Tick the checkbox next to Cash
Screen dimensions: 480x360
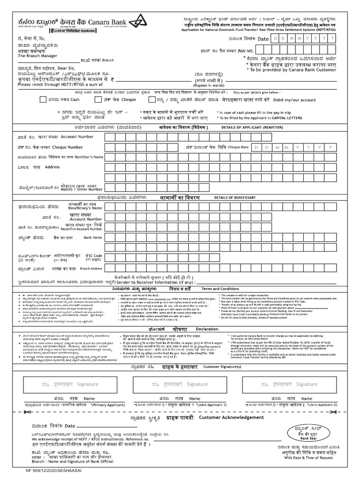click(43, 99)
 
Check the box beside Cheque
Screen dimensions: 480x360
click(97, 99)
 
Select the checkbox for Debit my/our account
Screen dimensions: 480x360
click(152, 99)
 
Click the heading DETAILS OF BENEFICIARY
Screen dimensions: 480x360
click(235, 198)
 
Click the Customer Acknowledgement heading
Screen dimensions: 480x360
click(225, 417)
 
